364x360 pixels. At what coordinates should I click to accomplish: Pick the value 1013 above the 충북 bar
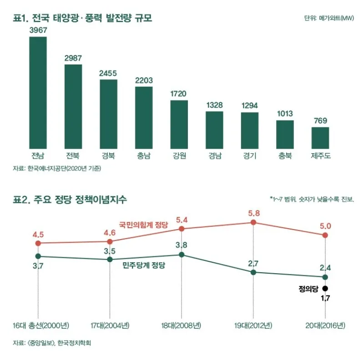coord(285,114)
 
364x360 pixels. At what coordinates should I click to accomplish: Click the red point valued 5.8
coord(253,222)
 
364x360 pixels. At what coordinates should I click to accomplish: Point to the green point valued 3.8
coord(182,255)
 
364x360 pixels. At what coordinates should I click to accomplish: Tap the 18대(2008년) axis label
coord(181,325)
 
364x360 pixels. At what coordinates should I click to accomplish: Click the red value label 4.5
coord(38,235)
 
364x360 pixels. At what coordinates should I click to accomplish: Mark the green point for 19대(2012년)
coord(253,272)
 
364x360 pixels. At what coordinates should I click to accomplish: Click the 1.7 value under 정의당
coord(325,299)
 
